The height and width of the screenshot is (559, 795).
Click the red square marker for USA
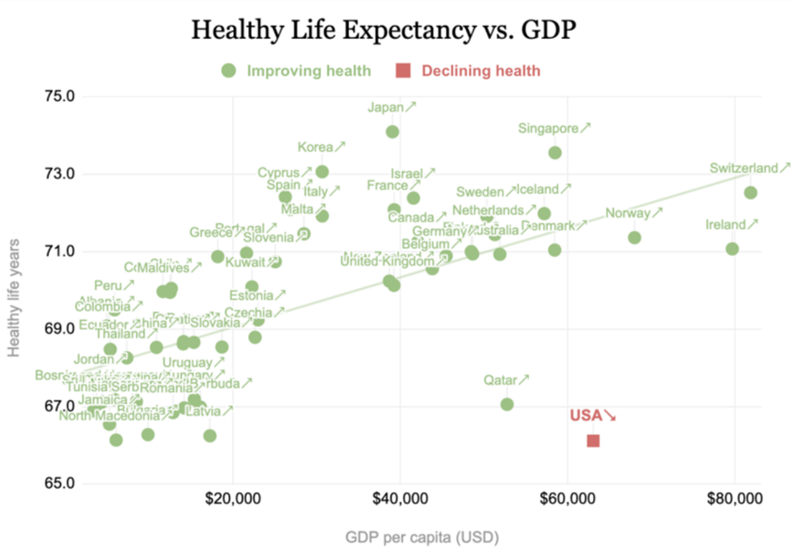pyautogui.click(x=593, y=441)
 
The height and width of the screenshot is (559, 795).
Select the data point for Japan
pyautogui.click(x=392, y=132)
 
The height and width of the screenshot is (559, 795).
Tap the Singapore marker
pyautogui.click(x=555, y=152)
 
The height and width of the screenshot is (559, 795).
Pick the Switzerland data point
pyautogui.click(x=750, y=193)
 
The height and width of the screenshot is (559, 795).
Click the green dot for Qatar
pyautogui.click(x=507, y=404)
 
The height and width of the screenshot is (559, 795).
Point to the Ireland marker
pyautogui.click(x=732, y=249)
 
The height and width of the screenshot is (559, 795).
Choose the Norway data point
pyautogui.click(x=634, y=238)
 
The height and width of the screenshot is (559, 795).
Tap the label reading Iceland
pyautogui.click(x=537, y=189)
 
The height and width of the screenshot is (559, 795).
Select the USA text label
pyautogui.click(x=586, y=416)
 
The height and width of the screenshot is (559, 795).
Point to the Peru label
pyautogui.click(x=108, y=286)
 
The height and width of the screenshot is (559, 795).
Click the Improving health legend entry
pyautogui.click(x=296, y=71)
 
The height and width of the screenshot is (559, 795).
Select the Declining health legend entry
pyautogui.click(x=468, y=71)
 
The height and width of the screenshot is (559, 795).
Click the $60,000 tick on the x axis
pyautogui.click(x=567, y=499)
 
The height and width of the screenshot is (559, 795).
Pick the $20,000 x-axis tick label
pyautogui.click(x=233, y=499)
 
